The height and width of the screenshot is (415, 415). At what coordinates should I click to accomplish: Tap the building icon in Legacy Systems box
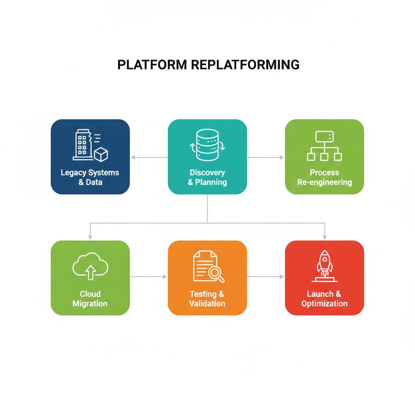click(x=83, y=145)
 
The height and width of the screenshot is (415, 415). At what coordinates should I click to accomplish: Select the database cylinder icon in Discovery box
click(x=207, y=145)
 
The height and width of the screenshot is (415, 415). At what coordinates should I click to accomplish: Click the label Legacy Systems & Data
click(x=90, y=177)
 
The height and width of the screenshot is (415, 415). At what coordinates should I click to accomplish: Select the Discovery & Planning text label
click(x=207, y=177)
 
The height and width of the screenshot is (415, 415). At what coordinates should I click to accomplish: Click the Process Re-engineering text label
click(x=324, y=177)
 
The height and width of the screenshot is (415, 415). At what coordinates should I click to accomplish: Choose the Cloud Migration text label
click(x=90, y=299)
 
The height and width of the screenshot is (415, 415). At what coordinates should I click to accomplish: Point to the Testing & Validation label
click(x=207, y=299)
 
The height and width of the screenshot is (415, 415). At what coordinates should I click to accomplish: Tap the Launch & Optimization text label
click(x=324, y=299)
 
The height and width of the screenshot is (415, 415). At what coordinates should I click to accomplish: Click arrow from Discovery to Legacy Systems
click(x=148, y=157)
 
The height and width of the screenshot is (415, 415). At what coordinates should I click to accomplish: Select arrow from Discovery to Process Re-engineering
click(x=266, y=157)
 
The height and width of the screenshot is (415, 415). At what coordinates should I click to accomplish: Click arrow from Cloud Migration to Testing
click(x=148, y=276)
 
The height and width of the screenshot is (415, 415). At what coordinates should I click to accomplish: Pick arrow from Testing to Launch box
click(x=266, y=276)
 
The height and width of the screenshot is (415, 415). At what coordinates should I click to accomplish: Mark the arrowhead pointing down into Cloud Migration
click(x=90, y=237)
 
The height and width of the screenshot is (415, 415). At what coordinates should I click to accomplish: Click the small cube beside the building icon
click(x=101, y=154)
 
